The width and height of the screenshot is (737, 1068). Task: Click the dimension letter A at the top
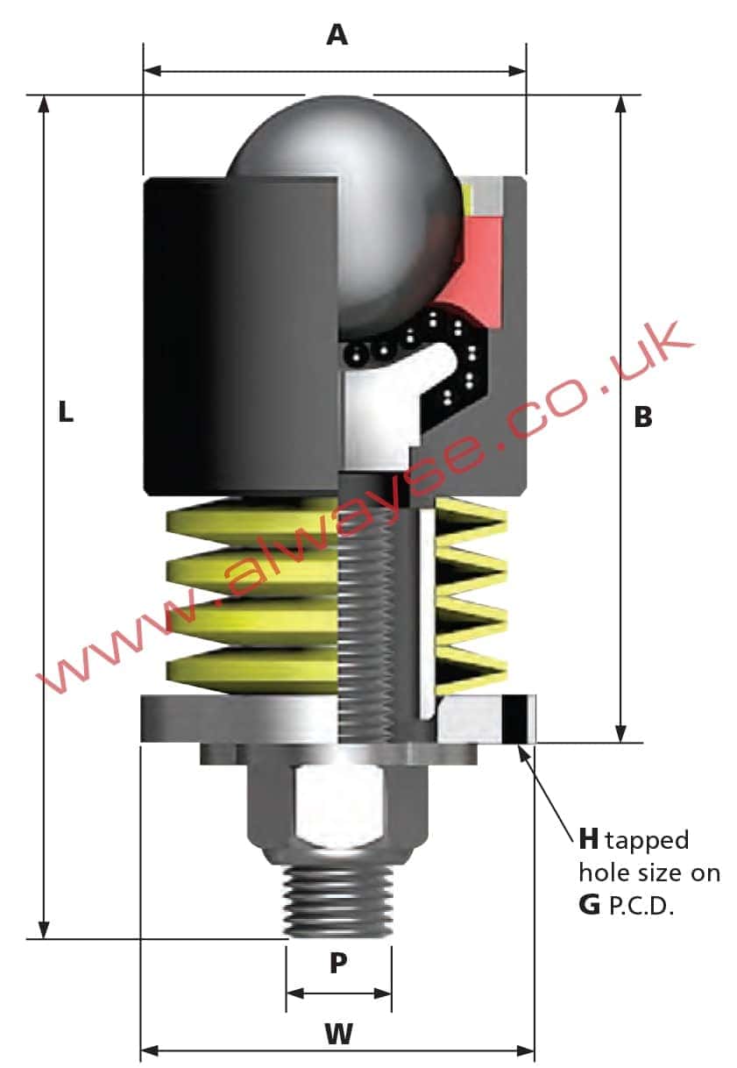[337, 35]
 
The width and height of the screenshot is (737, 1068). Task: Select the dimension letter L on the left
[65, 411]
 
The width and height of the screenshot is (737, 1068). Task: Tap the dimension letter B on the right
[643, 417]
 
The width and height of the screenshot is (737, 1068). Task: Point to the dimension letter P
[338, 963]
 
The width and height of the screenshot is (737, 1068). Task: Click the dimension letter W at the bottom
[338, 1034]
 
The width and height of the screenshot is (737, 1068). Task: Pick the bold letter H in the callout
[589, 839]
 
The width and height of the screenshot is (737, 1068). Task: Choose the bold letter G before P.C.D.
[589, 905]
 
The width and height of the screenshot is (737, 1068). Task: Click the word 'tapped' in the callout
[648, 841]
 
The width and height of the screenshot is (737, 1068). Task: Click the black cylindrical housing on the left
[241, 333]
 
